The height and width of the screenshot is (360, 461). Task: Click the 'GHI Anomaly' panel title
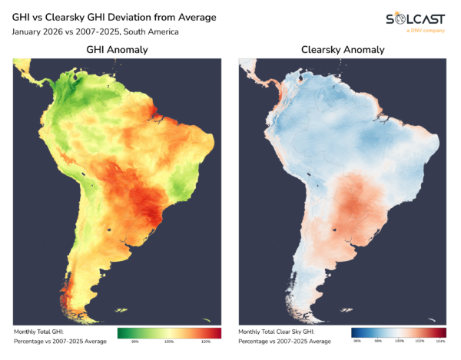point(117,49)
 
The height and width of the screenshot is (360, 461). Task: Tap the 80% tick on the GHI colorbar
point(134,341)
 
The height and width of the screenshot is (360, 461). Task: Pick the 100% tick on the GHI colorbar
point(170,341)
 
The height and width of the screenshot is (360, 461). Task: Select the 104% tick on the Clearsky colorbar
point(440,341)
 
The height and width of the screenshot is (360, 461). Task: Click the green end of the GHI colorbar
point(121,332)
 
